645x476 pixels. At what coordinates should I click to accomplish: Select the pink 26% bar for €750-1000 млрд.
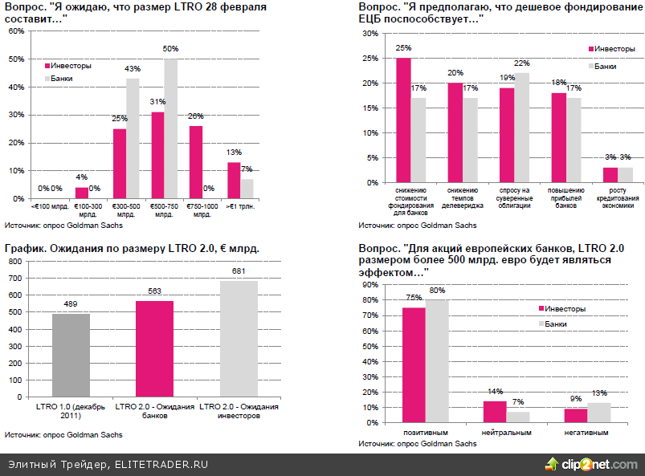195,162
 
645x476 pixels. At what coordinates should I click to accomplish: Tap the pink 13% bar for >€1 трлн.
234,180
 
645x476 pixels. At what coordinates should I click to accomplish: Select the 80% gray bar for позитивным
437,360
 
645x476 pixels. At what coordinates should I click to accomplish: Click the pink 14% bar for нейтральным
495,412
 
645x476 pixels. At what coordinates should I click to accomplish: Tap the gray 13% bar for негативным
599,413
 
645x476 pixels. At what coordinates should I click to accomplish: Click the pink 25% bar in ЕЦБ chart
403,120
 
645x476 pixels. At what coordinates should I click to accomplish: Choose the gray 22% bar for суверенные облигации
522,128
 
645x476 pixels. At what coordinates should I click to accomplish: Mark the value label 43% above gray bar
133,69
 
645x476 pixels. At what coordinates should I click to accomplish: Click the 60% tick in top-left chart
15,31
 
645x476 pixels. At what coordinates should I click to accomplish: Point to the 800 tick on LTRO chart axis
15,275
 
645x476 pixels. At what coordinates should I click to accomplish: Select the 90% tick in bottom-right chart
371,284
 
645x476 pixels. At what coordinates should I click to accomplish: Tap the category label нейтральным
506,433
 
